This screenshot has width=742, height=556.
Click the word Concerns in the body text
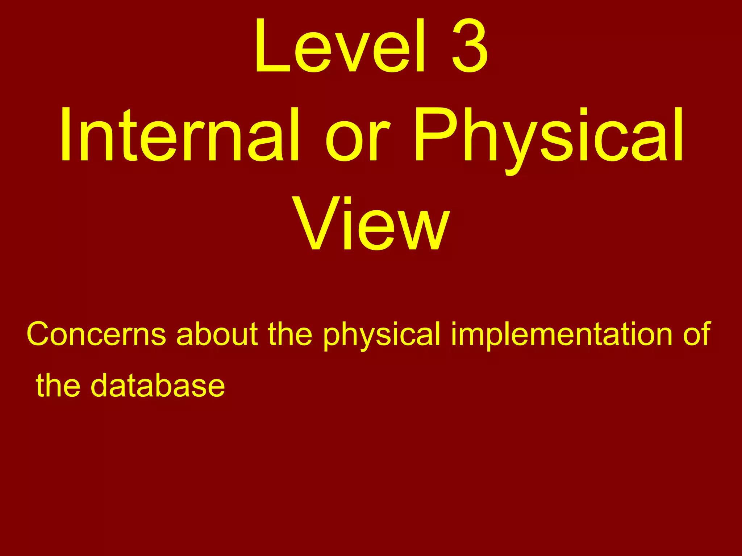[96, 334]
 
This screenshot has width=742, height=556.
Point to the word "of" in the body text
[696, 334]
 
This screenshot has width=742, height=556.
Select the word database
[158, 386]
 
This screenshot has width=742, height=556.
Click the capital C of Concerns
[40, 334]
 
